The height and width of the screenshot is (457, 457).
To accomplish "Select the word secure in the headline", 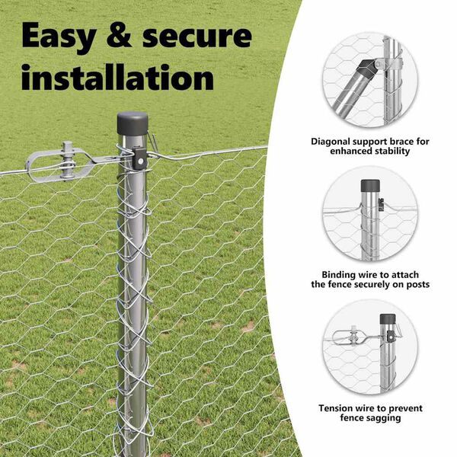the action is click(197, 36).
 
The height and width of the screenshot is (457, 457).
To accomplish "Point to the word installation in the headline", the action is click(118, 77).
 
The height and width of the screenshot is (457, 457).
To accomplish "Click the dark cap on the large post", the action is click(133, 123).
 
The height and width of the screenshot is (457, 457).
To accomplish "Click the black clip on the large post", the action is click(139, 158).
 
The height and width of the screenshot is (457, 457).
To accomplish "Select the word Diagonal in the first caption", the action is click(331, 142).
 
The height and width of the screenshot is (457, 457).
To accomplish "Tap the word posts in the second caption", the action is click(417, 285).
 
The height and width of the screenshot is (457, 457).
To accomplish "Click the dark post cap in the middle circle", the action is click(370, 186).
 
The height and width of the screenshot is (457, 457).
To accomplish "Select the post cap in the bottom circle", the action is click(388, 319).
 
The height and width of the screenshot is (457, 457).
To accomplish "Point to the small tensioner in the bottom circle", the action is click(353, 337).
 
